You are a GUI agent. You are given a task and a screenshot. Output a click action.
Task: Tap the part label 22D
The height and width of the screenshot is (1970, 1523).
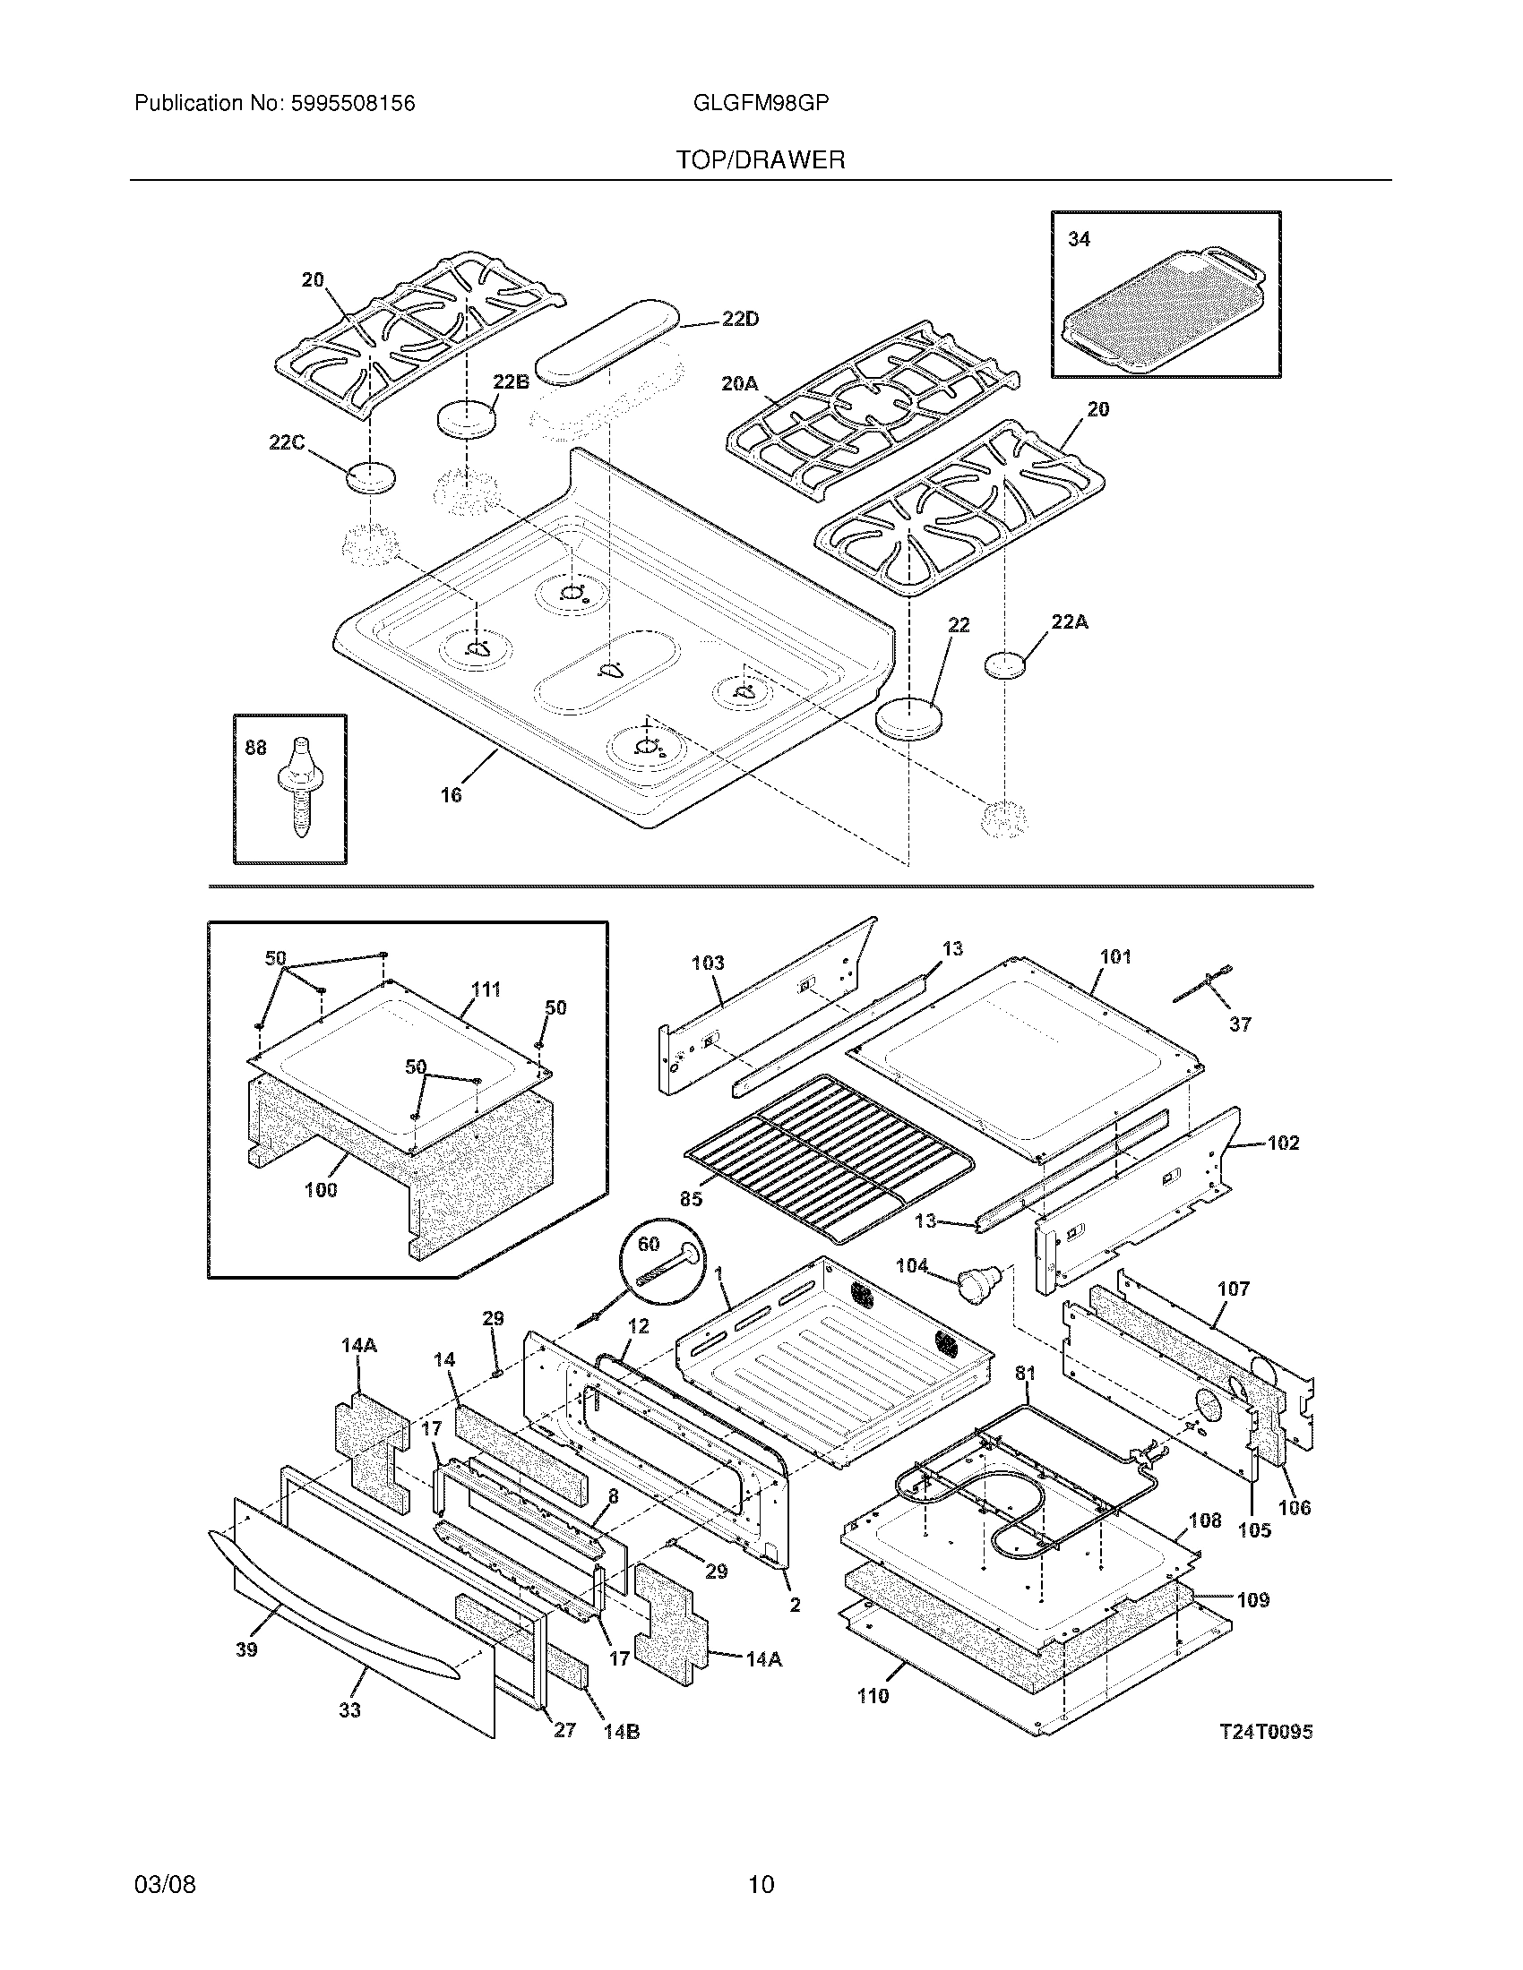tap(740, 320)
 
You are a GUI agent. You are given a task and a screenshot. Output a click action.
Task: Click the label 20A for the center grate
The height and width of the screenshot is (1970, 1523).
tap(739, 383)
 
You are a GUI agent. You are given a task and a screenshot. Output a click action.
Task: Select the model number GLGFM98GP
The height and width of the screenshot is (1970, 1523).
tap(761, 103)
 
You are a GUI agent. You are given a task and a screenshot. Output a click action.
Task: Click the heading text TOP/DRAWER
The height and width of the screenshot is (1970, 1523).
tap(761, 160)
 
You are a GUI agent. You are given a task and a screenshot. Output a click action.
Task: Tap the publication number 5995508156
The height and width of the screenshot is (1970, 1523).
tap(353, 104)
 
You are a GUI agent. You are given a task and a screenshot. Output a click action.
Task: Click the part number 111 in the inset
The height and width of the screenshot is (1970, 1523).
tap(486, 989)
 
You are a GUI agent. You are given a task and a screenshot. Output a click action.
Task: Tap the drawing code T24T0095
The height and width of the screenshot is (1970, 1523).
tap(1266, 1731)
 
